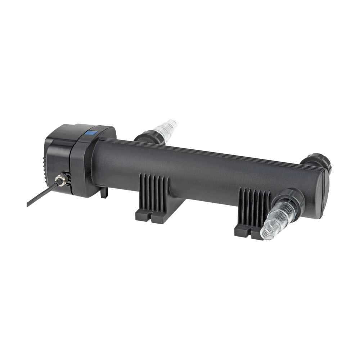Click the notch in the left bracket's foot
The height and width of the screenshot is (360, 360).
coord(150,217)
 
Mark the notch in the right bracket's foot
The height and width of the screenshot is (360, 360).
coord(250,233)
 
